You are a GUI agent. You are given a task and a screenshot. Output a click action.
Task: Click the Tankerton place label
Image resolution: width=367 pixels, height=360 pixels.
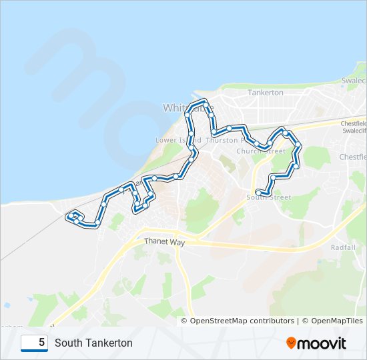pyautogui.click(x=266, y=93)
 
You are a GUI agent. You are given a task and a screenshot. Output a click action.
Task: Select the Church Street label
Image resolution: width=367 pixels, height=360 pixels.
pyautogui.click(x=257, y=151)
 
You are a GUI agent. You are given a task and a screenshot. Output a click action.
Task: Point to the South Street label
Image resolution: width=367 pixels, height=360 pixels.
pyautogui.click(x=269, y=197)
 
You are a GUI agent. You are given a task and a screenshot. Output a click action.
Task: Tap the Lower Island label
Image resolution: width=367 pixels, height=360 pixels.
pyautogui.click(x=177, y=141)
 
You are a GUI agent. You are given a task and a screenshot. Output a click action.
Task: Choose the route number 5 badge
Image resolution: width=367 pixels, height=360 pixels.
pyautogui.click(x=34, y=343)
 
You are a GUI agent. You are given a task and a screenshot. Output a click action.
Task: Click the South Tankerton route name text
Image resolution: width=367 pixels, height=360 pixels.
pyautogui.click(x=93, y=343)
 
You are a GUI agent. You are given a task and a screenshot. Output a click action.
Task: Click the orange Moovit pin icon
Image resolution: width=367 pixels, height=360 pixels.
pyautogui.click(x=291, y=343)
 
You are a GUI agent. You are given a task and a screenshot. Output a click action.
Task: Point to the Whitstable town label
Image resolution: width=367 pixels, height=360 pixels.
pyautogui.click(x=188, y=107)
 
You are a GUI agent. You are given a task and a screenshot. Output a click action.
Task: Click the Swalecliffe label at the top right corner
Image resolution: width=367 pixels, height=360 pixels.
pyautogui.click(x=354, y=80)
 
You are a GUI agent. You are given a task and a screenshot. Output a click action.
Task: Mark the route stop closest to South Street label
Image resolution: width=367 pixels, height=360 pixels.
pyautogui.click(x=258, y=193)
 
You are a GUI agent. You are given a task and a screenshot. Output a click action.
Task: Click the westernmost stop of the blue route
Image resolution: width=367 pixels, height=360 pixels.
pyautogui.click(x=68, y=217)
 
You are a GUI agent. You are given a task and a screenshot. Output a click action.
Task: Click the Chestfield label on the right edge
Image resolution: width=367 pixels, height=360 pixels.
pyautogui.click(x=354, y=157)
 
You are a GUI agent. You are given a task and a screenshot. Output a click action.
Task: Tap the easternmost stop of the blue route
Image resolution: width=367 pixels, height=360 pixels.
pyautogui.click(x=298, y=148)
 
